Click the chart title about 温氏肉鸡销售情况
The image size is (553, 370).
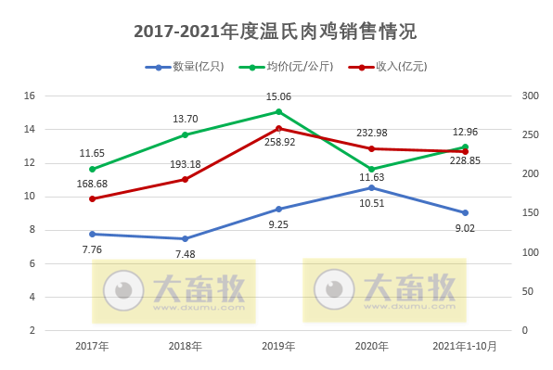click(x=276, y=32)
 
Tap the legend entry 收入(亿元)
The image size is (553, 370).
click(x=385, y=67)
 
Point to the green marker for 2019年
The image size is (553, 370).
click(x=278, y=111)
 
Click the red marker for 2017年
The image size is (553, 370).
click(x=92, y=198)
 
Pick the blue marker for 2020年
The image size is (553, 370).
click(x=372, y=187)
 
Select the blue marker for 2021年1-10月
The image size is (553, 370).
click(x=465, y=212)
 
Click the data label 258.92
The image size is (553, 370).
click(x=278, y=142)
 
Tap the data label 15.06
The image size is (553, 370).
click(x=278, y=96)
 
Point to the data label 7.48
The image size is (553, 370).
click(x=186, y=254)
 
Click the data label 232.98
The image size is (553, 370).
click(x=372, y=133)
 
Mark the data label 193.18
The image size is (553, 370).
click(x=186, y=164)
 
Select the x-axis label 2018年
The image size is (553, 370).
click(x=186, y=346)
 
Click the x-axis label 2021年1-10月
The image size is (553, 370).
click(x=465, y=346)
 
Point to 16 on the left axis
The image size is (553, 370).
click(x=29, y=96)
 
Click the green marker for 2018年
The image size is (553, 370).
click(x=186, y=134)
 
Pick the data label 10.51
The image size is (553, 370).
click(x=372, y=203)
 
